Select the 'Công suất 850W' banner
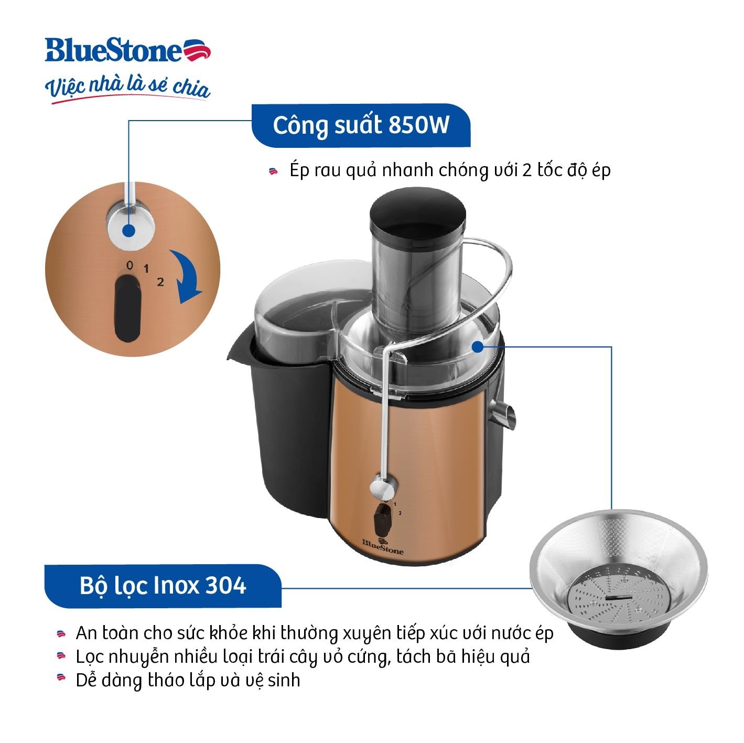click(361, 125)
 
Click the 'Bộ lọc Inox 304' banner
click(163, 585)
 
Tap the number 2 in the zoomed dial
click(160, 282)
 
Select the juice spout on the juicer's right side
click(505, 414)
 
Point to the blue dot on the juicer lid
click(477, 347)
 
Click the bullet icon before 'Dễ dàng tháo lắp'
click(61, 680)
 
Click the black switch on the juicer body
click(382, 518)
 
